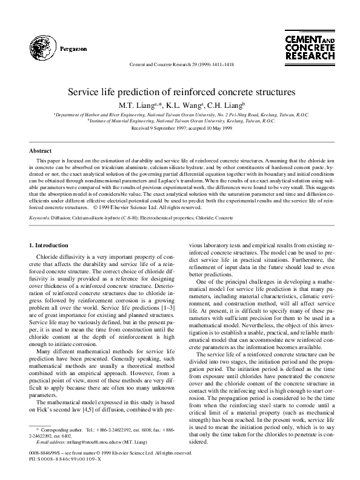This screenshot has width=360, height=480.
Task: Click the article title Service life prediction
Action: pos(181,93)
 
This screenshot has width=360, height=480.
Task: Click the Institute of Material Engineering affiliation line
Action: pos(181,121)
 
